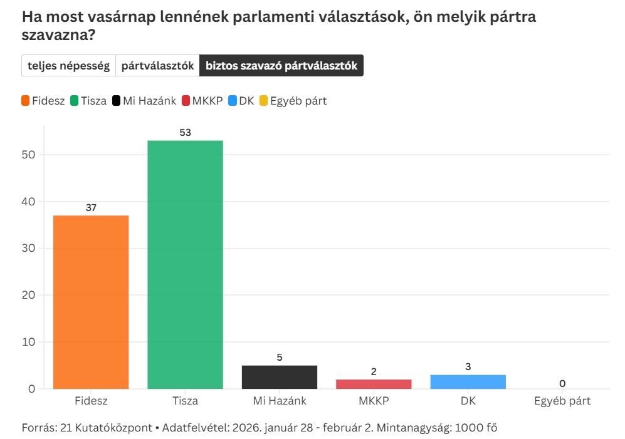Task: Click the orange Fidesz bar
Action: tap(91, 302)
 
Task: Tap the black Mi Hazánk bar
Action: tap(280, 377)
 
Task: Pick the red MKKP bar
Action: tap(374, 384)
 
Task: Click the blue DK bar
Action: tap(468, 381)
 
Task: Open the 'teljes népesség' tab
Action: tap(68, 66)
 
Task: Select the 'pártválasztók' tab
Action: tap(157, 66)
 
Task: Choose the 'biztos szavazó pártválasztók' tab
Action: tap(281, 66)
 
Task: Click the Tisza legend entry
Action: tap(88, 101)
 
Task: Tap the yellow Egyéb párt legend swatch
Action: tap(263, 101)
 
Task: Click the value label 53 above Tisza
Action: tap(185, 133)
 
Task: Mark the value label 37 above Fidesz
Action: tap(91, 208)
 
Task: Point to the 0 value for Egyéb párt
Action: tap(562, 383)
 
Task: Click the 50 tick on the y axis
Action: tap(29, 155)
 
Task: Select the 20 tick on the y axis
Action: tap(29, 295)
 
